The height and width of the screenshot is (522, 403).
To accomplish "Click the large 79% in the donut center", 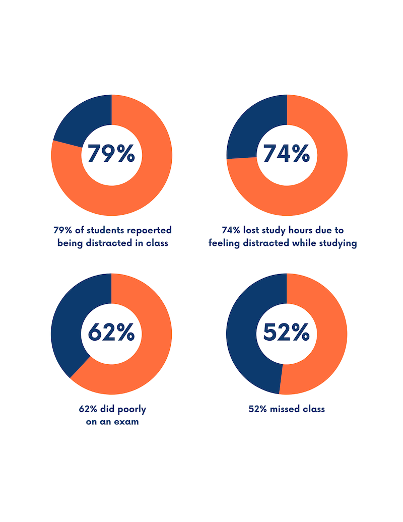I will pyautogui.click(x=111, y=154).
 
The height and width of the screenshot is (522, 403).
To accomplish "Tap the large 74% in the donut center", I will pyautogui.click(x=287, y=154).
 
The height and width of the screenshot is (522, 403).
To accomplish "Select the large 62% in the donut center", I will pyautogui.click(x=111, y=333).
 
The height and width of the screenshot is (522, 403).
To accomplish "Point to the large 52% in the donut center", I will pyautogui.click(x=287, y=333).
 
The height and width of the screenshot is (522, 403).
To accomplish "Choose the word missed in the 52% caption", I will pyautogui.click(x=282, y=409).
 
